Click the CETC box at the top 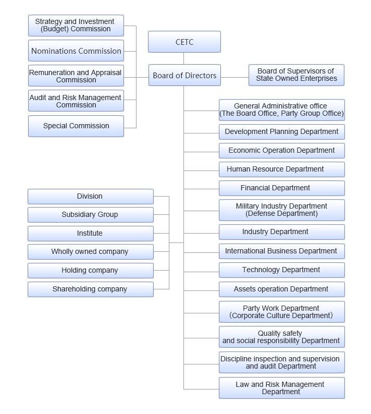tap(184, 42)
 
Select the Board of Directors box tap(184, 76)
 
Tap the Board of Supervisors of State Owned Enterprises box tap(296, 75)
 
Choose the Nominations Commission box tap(76, 51)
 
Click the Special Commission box tap(76, 126)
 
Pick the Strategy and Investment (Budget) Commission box tap(76, 25)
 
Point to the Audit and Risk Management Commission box tap(76, 101)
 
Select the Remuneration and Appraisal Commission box tap(76, 76)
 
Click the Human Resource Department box tap(281, 169)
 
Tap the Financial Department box tap(281, 188)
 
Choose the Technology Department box tap(281, 270)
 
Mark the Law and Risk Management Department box tap(281, 388)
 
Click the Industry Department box tap(281, 232)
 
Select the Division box tap(90, 197)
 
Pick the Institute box tap(90, 234)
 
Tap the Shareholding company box tap(90, 289)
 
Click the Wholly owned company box tap(90, 252)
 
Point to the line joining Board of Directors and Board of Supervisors tap(235, 78)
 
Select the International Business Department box tap(281, 251)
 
